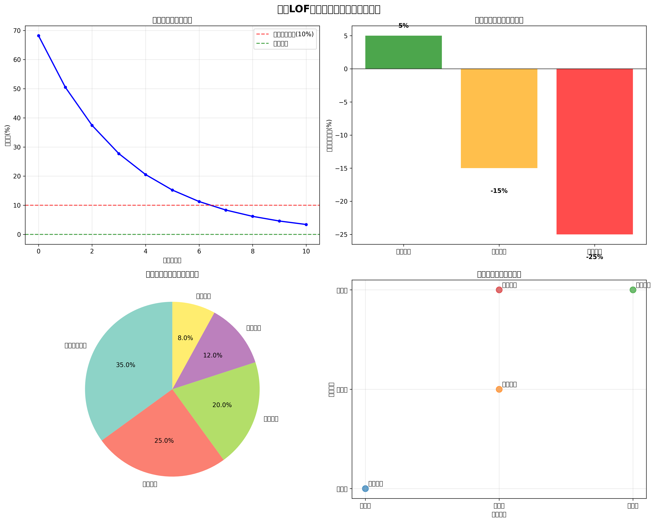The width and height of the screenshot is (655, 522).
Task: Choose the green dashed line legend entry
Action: [280, 43]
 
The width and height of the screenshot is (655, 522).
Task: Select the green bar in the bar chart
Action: [403, 52]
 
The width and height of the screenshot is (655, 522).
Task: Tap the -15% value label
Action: [499, 191]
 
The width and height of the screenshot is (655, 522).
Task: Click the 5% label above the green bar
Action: [403, 26]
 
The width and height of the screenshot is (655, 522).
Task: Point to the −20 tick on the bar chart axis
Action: [341, 201]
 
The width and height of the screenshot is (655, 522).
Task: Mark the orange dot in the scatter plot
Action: [499, 389]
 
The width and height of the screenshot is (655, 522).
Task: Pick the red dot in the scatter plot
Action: [499, 290]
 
